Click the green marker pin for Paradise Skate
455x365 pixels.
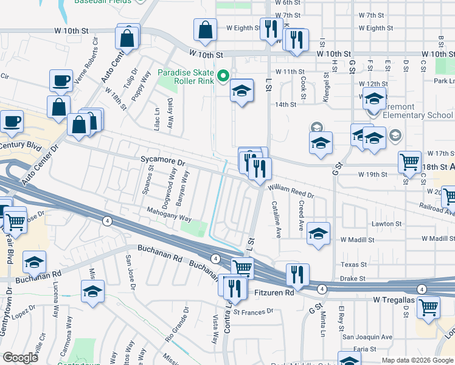tap(223, 76)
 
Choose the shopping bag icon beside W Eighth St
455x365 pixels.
tap(206, 29)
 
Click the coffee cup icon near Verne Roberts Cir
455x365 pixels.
tap(61, 80)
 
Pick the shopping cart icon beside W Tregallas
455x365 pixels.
tap(428, 307)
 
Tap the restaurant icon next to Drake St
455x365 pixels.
tap(297, 274)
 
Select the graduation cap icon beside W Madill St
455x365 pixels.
tap(318, 234)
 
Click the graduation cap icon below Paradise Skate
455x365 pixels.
tap(241, 91)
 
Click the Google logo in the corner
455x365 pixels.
tap(21, 358)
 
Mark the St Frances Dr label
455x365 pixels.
tap(255, 313)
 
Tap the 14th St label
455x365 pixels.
tap(285, 105)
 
